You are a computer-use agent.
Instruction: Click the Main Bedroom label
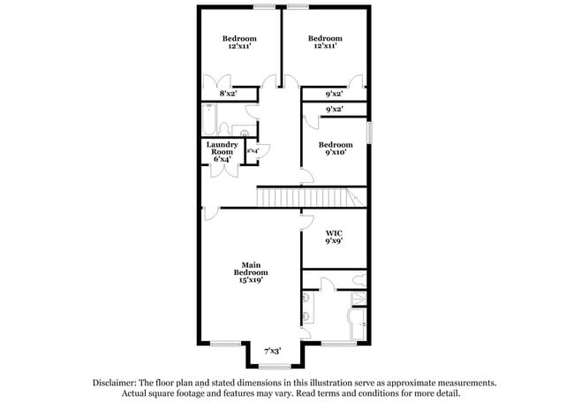click(x=251, y=269)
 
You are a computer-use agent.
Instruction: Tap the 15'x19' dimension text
click(x=251, y=282)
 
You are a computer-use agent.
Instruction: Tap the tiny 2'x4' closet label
click(x=253, y=151)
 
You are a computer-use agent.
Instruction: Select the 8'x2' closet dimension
click(x=228, y=92)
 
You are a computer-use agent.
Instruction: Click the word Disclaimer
click(x=124, y=383)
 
